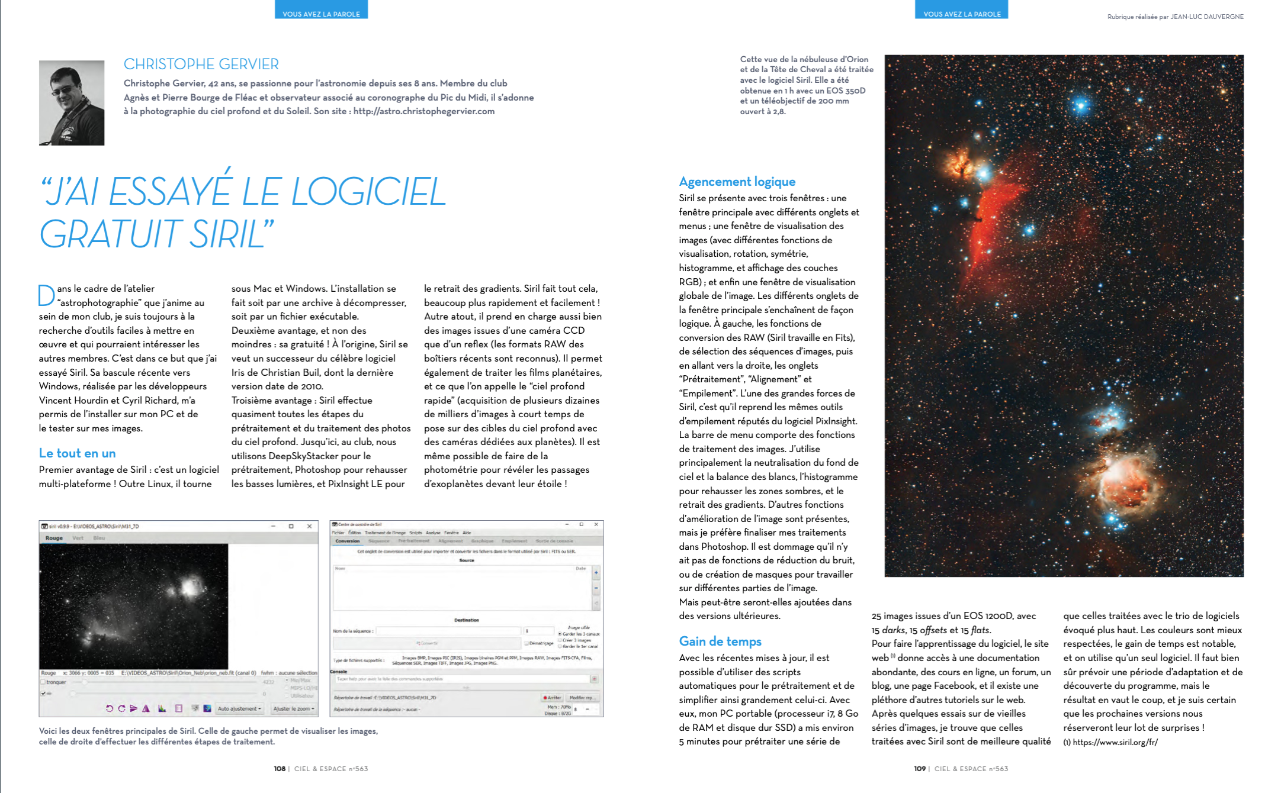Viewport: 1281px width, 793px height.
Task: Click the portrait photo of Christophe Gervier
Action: point(72,102)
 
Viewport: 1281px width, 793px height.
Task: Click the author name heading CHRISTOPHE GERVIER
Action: point(201,64)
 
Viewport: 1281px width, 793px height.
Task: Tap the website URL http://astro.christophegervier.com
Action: point(423,111)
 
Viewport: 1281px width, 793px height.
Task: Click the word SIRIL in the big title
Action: point(226,234)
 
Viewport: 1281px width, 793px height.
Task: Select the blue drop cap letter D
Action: point(46,295)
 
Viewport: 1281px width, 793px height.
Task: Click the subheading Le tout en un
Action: point(77,453)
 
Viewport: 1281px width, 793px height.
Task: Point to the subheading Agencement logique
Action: point(737,182)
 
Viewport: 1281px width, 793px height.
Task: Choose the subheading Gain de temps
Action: point(720,642)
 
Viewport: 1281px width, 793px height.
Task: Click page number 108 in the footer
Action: point(280,769)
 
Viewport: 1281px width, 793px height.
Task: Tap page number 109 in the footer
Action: point(920,769)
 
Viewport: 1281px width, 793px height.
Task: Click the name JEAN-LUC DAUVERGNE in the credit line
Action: point(1206,17)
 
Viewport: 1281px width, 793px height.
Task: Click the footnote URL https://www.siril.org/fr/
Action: point(1115,742)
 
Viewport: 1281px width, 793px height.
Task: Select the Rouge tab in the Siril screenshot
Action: point(54,538)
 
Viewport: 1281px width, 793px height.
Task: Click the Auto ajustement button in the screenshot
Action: point(239,708)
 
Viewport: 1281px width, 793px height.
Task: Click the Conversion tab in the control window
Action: point(347,541)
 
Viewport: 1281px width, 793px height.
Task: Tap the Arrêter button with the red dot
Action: point(552,698)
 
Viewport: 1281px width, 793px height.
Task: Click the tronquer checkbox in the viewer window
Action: point(43,682)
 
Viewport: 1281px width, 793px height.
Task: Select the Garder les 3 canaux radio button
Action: point(560,634)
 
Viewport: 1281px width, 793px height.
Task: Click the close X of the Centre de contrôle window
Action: point(596,524)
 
